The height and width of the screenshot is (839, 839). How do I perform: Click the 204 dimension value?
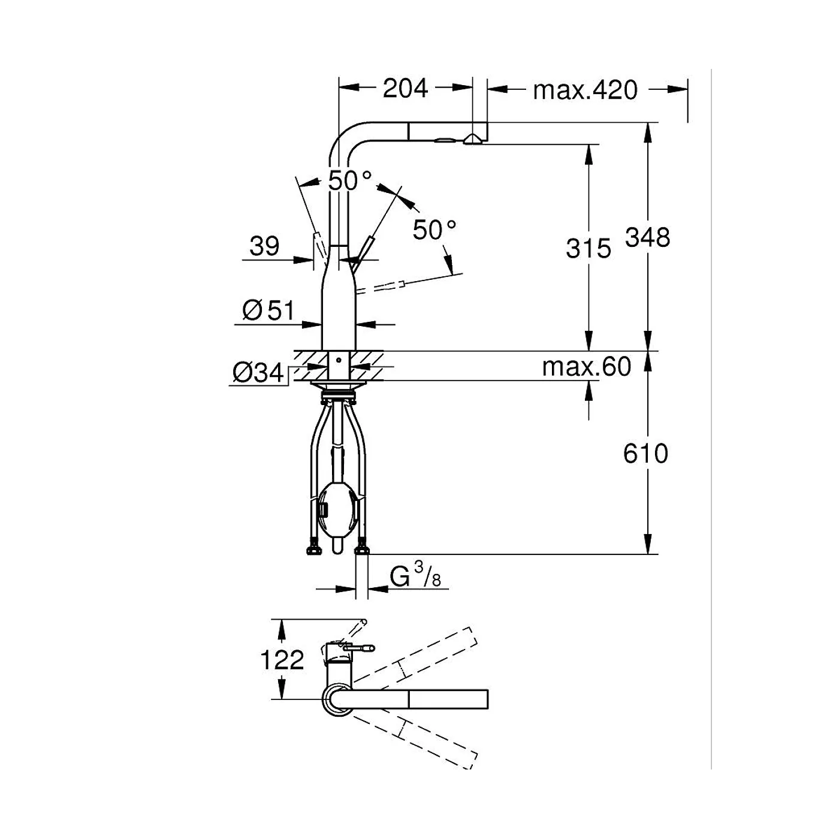click(x=405, y=89)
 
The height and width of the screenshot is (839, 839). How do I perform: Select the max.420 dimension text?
click(x=585, y=90)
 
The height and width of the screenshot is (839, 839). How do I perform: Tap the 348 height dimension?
click(x=647, y=238)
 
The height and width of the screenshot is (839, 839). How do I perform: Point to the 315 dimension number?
click(x=588, y=249)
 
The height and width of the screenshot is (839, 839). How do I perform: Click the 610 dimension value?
click(x=645, y=453)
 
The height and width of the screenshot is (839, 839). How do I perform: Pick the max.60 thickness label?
click(x=587, y=367)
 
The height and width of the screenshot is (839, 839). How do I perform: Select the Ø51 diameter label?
click(x=268, y=310)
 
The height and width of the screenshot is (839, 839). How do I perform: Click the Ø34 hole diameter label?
click(x=258, y=373)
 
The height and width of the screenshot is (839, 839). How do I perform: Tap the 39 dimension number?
click(x=264, y=246)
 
